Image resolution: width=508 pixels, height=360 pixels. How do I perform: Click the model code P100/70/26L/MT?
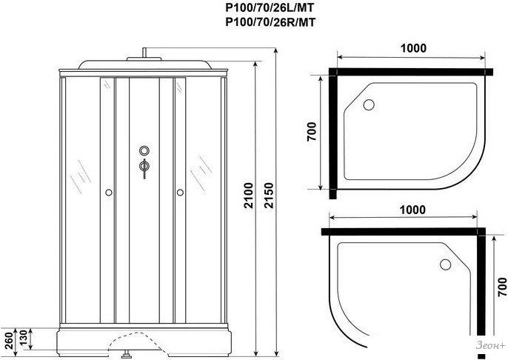click(270, 7)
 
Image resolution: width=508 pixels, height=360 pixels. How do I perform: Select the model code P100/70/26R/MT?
click(270, 22)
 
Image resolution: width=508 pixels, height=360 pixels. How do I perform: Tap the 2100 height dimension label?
click(248, 196)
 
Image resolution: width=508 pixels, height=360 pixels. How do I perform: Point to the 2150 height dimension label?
click(269, 196)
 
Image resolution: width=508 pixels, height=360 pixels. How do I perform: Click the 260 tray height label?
click(9, 340)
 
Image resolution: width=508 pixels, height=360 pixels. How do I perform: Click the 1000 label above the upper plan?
click(413, 48)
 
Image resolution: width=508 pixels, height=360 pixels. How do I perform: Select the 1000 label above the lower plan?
click(412, 210)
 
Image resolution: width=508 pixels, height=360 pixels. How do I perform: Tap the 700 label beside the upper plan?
click(311, 131)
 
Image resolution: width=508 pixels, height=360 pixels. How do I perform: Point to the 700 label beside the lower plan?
click(502, 287)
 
